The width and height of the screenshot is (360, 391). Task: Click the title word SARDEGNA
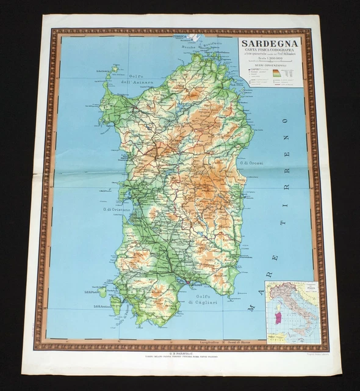click(x=269, y=43)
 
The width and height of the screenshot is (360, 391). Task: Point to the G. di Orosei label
click(x=252, y=164)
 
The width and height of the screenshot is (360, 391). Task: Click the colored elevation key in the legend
click(x=276, y=73)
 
